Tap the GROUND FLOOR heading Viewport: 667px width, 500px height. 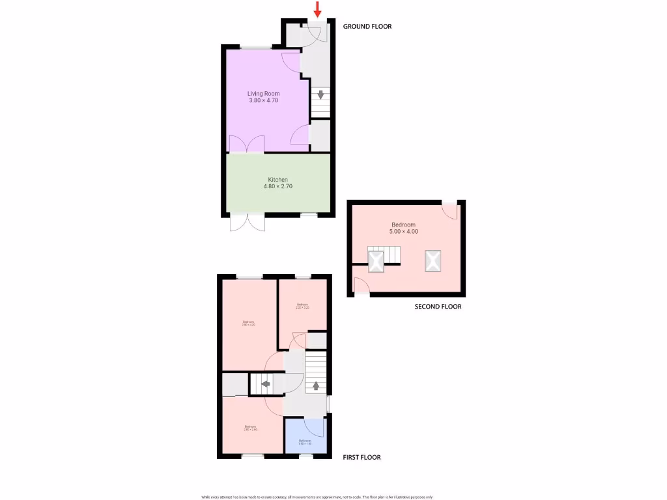click(367, 27)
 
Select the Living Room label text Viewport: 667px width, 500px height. click(263, 94)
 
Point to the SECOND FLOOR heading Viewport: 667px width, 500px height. click(438, 306)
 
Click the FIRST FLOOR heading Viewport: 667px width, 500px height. click(362, 457)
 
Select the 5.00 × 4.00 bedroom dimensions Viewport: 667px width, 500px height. click(403, 232)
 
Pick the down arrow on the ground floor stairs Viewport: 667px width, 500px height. click(320, 95)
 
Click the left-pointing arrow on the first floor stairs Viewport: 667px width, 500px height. click(266, 385)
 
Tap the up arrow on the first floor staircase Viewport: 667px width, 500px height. click(316, 385)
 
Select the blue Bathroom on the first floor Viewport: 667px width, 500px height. click(304, 436)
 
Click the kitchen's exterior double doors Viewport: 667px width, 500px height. click(248, 222)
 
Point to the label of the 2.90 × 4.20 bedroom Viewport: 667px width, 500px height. click(249, 323)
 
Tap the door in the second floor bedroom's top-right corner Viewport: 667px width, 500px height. click(449, 210)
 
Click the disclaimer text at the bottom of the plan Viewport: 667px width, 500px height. click(317, 497)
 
